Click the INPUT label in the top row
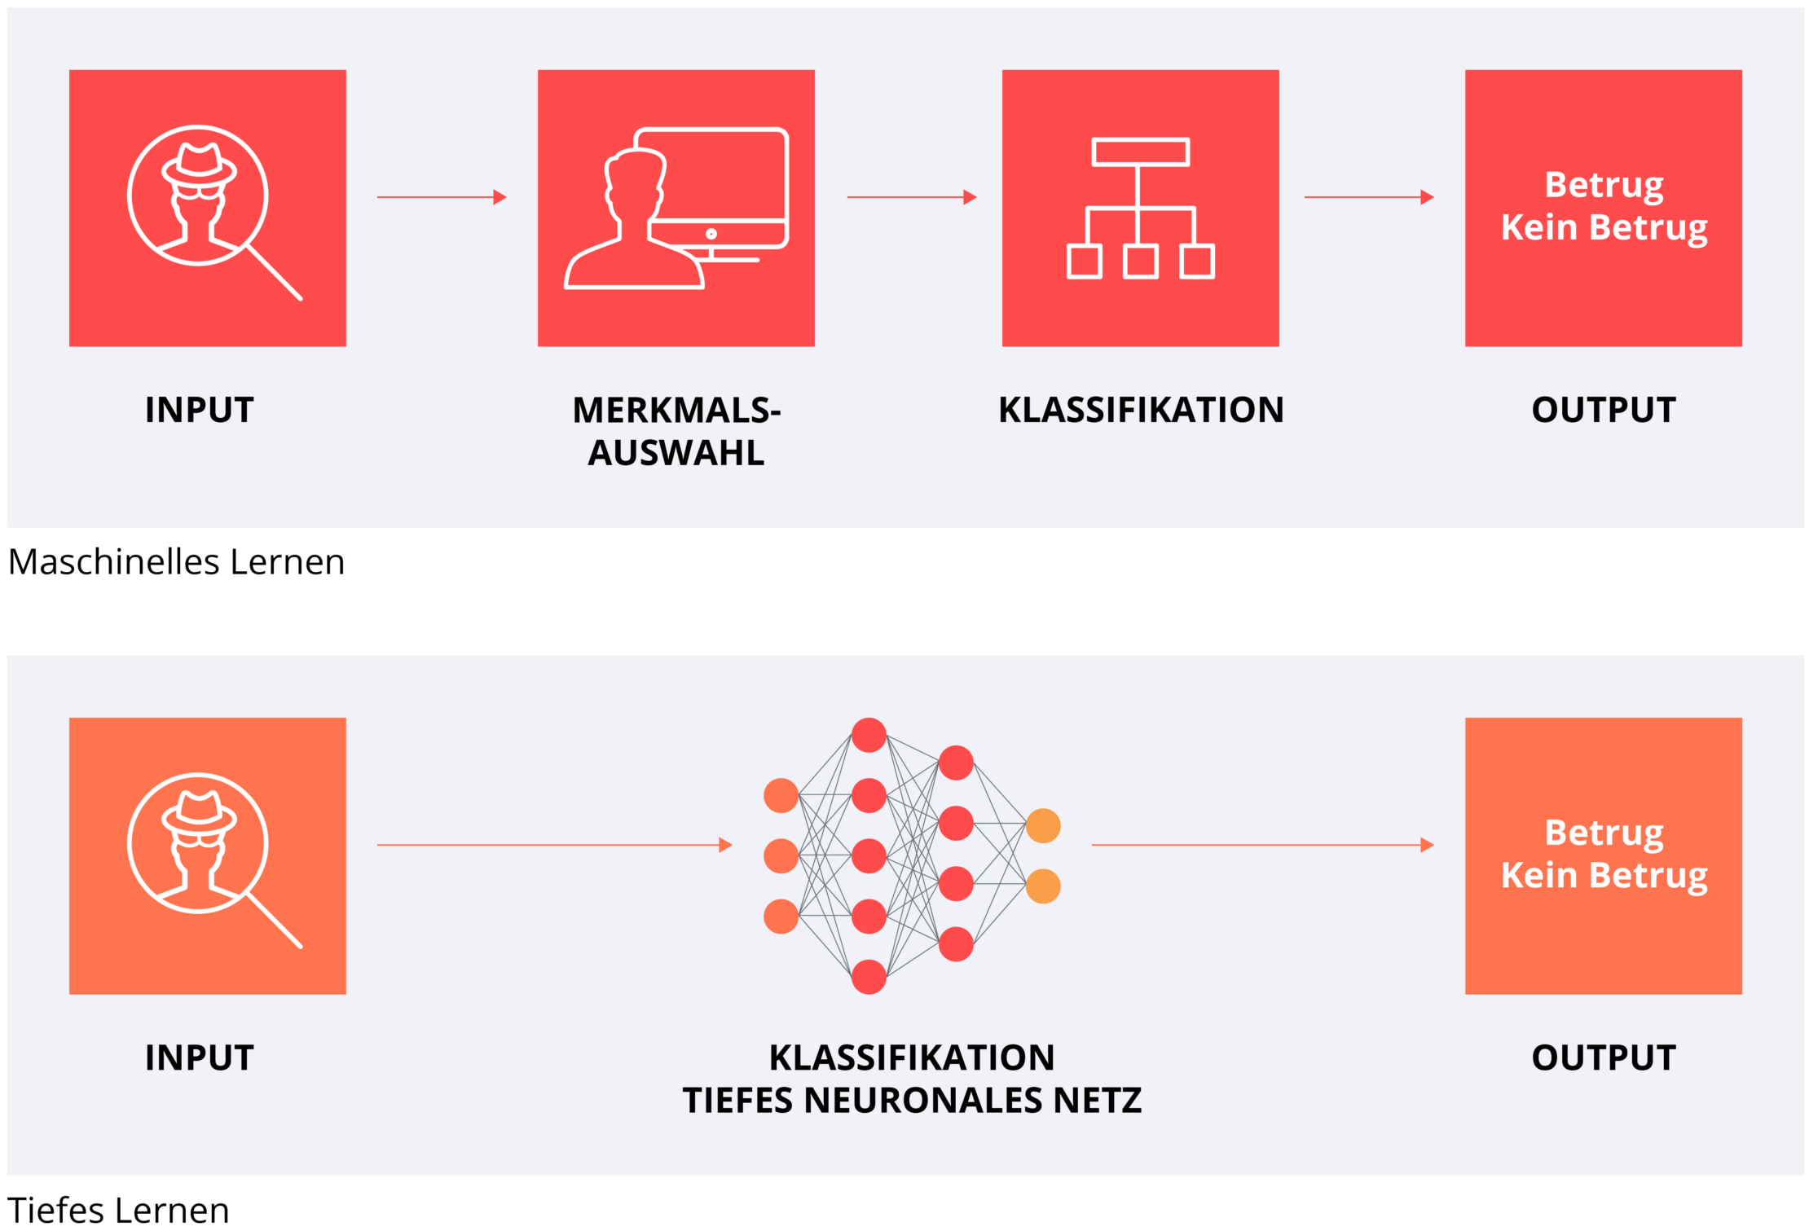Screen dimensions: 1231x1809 click(x=200, y=410)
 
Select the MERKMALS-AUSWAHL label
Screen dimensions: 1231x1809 click(x=676, y=431)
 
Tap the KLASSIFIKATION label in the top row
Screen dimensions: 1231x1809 click(x=1141, y=410)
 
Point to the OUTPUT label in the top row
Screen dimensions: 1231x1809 click(x=1604, y=410)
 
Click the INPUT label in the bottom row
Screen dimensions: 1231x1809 click(x=200, y=1057)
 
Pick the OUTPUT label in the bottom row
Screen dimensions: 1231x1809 click(x=1604, y=1057)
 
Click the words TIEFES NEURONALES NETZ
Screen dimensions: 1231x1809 click(x=912, y=1101)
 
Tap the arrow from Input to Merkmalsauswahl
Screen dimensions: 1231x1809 click(x=442, y=197)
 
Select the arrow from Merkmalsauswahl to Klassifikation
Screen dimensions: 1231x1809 click(x=912, y=197)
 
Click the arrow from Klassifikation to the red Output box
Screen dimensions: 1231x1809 click(x=1369, y=197)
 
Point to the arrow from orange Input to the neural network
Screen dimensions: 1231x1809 click(x=554, y=845)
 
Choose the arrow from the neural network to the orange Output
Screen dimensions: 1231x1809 click(x=1262, y=845)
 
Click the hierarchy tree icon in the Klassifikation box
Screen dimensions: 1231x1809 click(x=1141, y=209)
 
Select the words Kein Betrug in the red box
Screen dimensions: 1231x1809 click(x=1604, y=227)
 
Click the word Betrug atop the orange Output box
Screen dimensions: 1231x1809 click(x=1604, y=833)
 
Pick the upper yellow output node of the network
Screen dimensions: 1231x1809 click(x=1043, y=826)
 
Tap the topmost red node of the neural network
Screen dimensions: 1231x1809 click(x=869, y=735)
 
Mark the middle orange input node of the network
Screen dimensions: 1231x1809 click(x=781, y=856)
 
